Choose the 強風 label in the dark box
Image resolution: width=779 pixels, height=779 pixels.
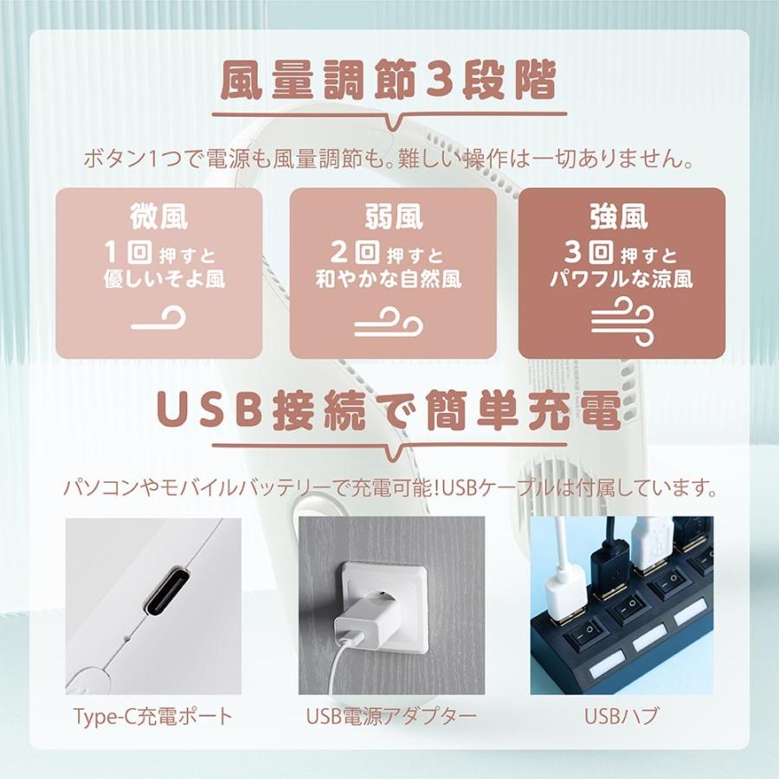[620, 216]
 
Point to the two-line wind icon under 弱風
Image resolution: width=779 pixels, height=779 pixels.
[389, 323]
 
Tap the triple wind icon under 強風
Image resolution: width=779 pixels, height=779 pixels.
[620, 321]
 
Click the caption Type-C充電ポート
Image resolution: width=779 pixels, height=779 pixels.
[153, 717]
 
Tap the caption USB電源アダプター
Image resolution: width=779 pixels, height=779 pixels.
[391, 717]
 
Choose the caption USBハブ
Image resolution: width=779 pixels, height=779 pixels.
[621, 717]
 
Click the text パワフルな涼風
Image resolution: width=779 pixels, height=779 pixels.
[621, 280]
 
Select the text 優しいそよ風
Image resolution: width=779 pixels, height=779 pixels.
[159, 280]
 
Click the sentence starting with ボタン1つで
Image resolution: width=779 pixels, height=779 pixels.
[389, 158]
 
